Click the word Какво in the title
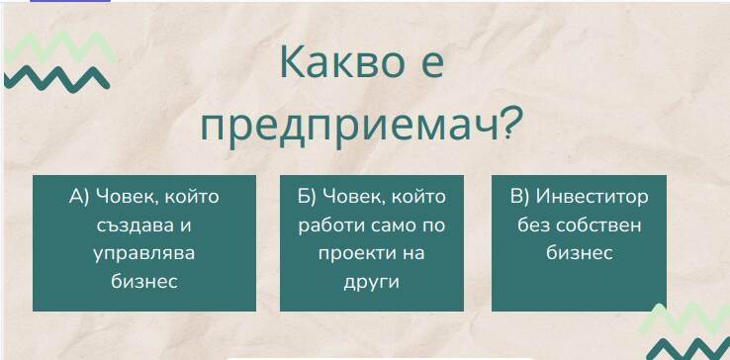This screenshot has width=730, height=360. [x=342, y=61]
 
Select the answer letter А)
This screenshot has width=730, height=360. [x=79, y=197]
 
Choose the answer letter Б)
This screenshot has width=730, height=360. [x=307, y=197]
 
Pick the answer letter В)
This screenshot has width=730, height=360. [x=519, y=197]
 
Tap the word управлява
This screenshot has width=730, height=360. [x=143, y=255]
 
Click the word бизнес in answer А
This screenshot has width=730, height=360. [x=144, y=282]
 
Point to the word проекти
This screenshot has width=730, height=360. [x=350, y=254]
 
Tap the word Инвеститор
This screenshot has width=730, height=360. [x=592, y=197]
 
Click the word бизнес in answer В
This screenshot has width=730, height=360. [x=580, y=254]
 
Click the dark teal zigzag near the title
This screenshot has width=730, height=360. [x=56, y=79]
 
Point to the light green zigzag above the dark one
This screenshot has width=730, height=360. [x=60, y=46]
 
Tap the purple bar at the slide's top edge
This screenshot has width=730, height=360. [x=70, y=1]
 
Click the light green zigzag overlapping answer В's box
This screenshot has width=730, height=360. [x=684, y=319]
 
